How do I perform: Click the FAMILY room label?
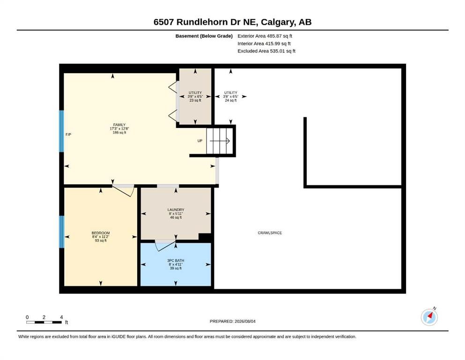pos(119,125)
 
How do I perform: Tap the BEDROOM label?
pos(101,233)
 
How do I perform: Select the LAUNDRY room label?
pos(176,210)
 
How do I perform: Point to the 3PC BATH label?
pos(176,261)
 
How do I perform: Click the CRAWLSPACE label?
pos(270,233)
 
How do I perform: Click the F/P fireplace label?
pos(68,135)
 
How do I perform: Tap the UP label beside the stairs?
pos(200,141)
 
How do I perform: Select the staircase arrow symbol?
pos(220,141)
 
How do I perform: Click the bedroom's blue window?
pos(62,232)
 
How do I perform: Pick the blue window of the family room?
pos(62,131)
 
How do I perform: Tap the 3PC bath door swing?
pos(165,245)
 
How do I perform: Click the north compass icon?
pos(429,317)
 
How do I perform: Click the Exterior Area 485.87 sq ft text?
pos(265,36)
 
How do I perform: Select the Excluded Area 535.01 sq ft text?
pos(266,51)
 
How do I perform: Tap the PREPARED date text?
pos(232,321)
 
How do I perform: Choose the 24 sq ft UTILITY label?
pos(231,97)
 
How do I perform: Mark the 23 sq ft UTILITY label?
pos(195,97)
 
